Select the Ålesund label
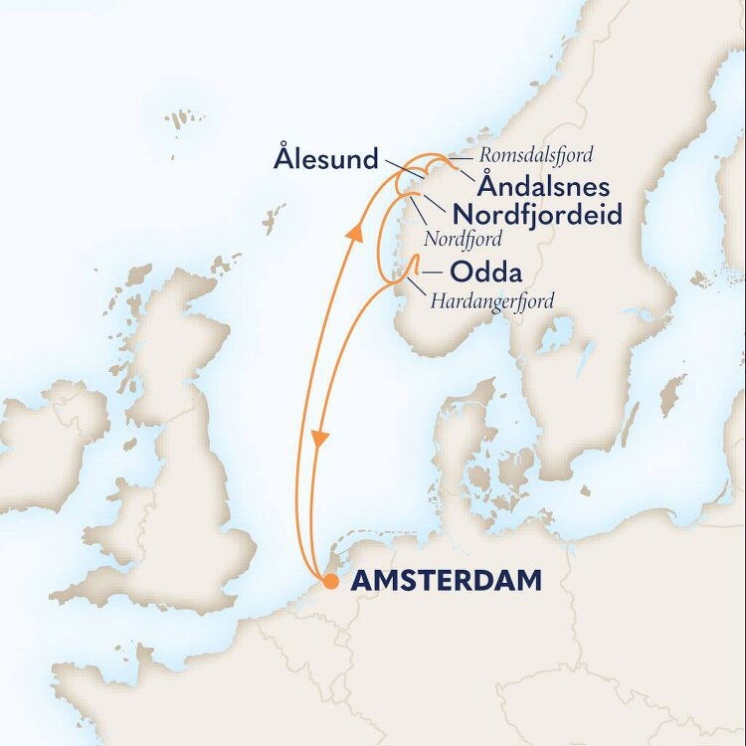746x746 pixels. tap(328, 158)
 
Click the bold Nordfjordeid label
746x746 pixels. tap(537, 214)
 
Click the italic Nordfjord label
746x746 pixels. tap(463, 240)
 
